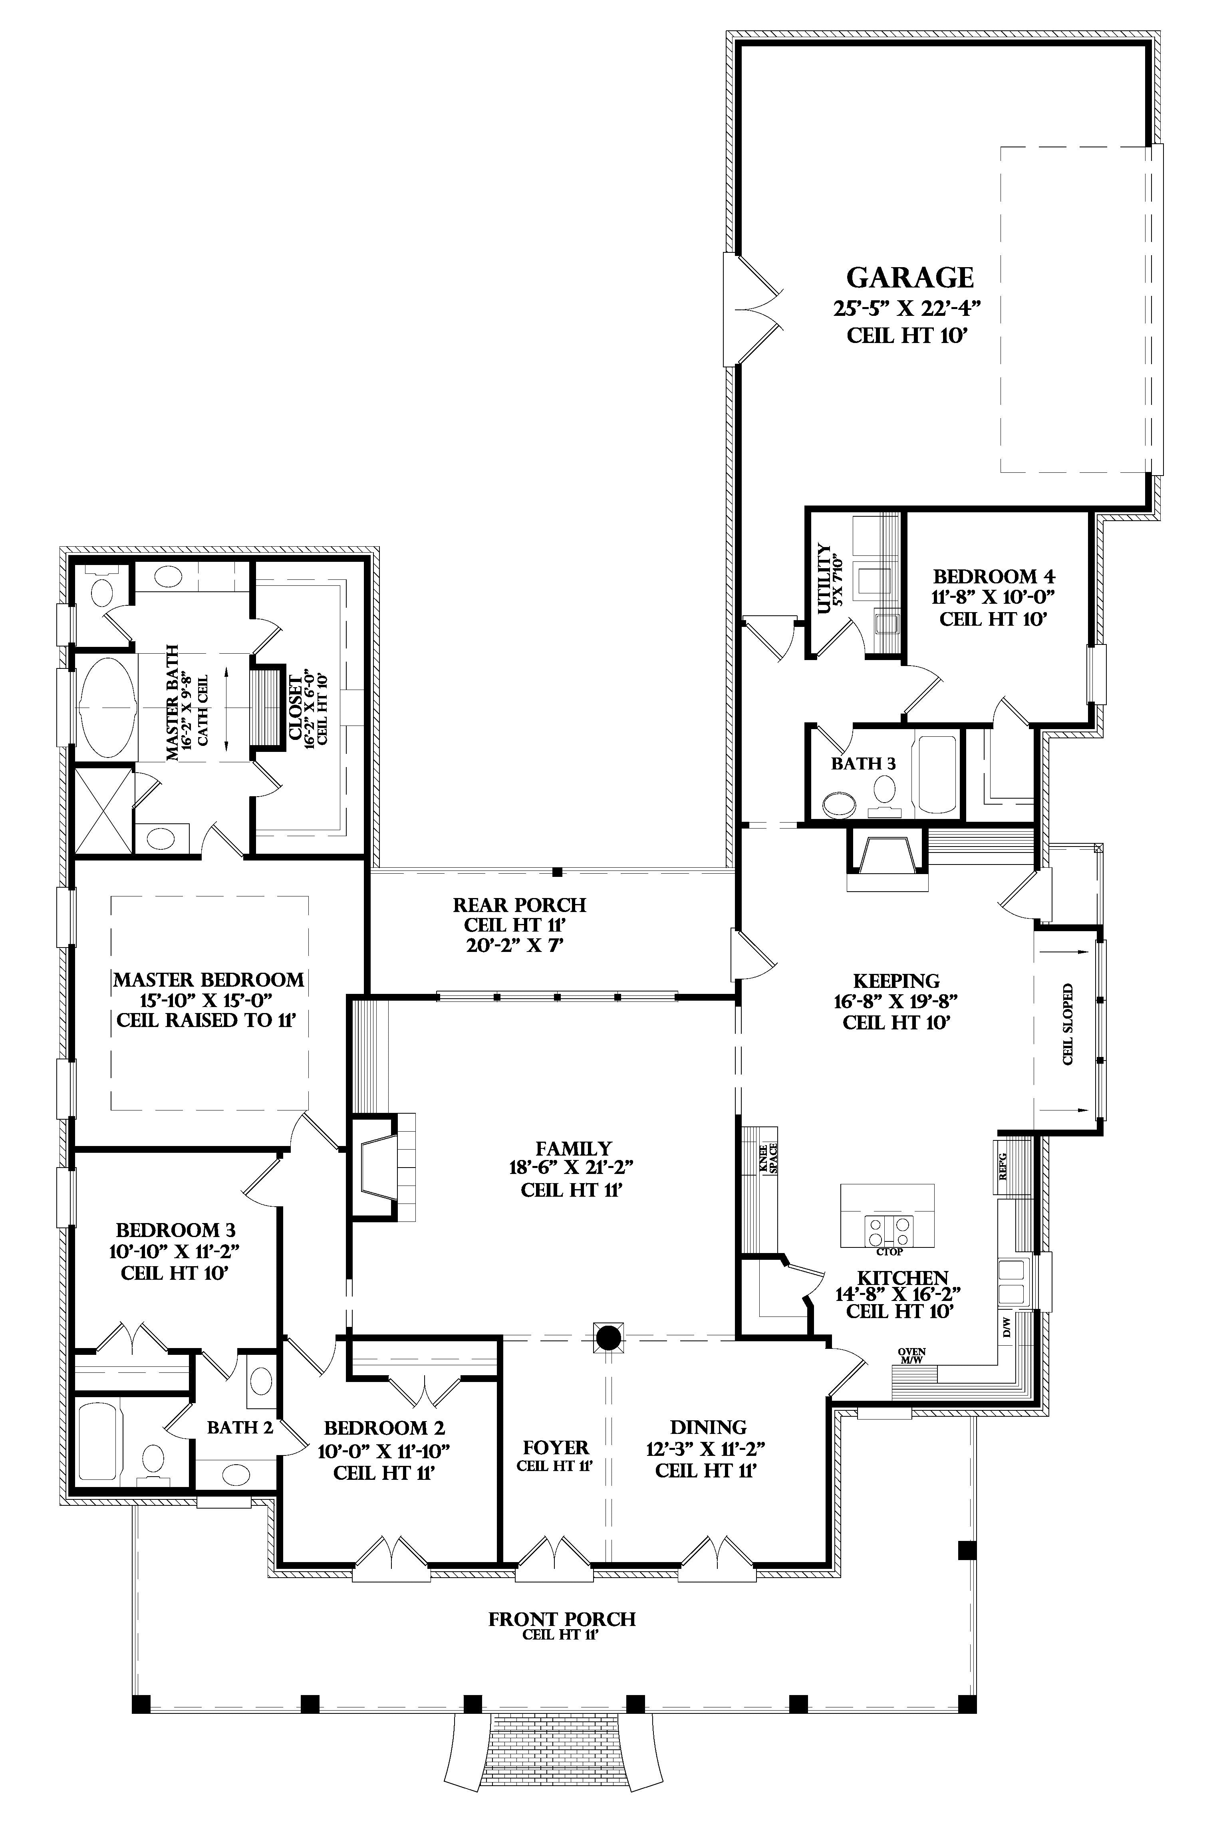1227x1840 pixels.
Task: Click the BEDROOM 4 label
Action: coord(994,577)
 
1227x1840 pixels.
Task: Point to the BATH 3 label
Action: coord(863,763)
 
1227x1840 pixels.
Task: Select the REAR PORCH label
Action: coord(520,905)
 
